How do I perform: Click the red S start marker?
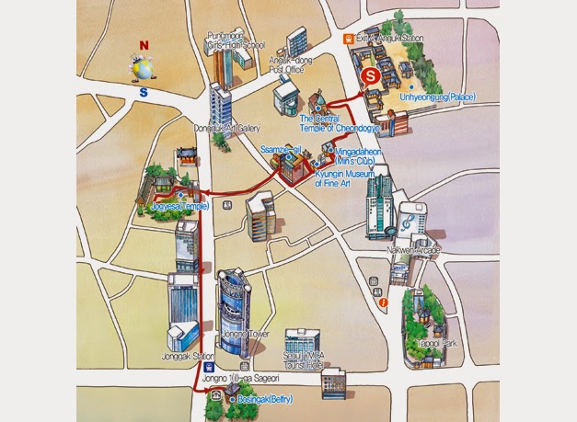point(369,76)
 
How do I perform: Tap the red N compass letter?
point(144,44)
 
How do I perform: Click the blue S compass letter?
point(143,92)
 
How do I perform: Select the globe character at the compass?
point(143,69)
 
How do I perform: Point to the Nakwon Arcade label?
point(417,249)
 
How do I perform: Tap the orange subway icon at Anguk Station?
point(349,39)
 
